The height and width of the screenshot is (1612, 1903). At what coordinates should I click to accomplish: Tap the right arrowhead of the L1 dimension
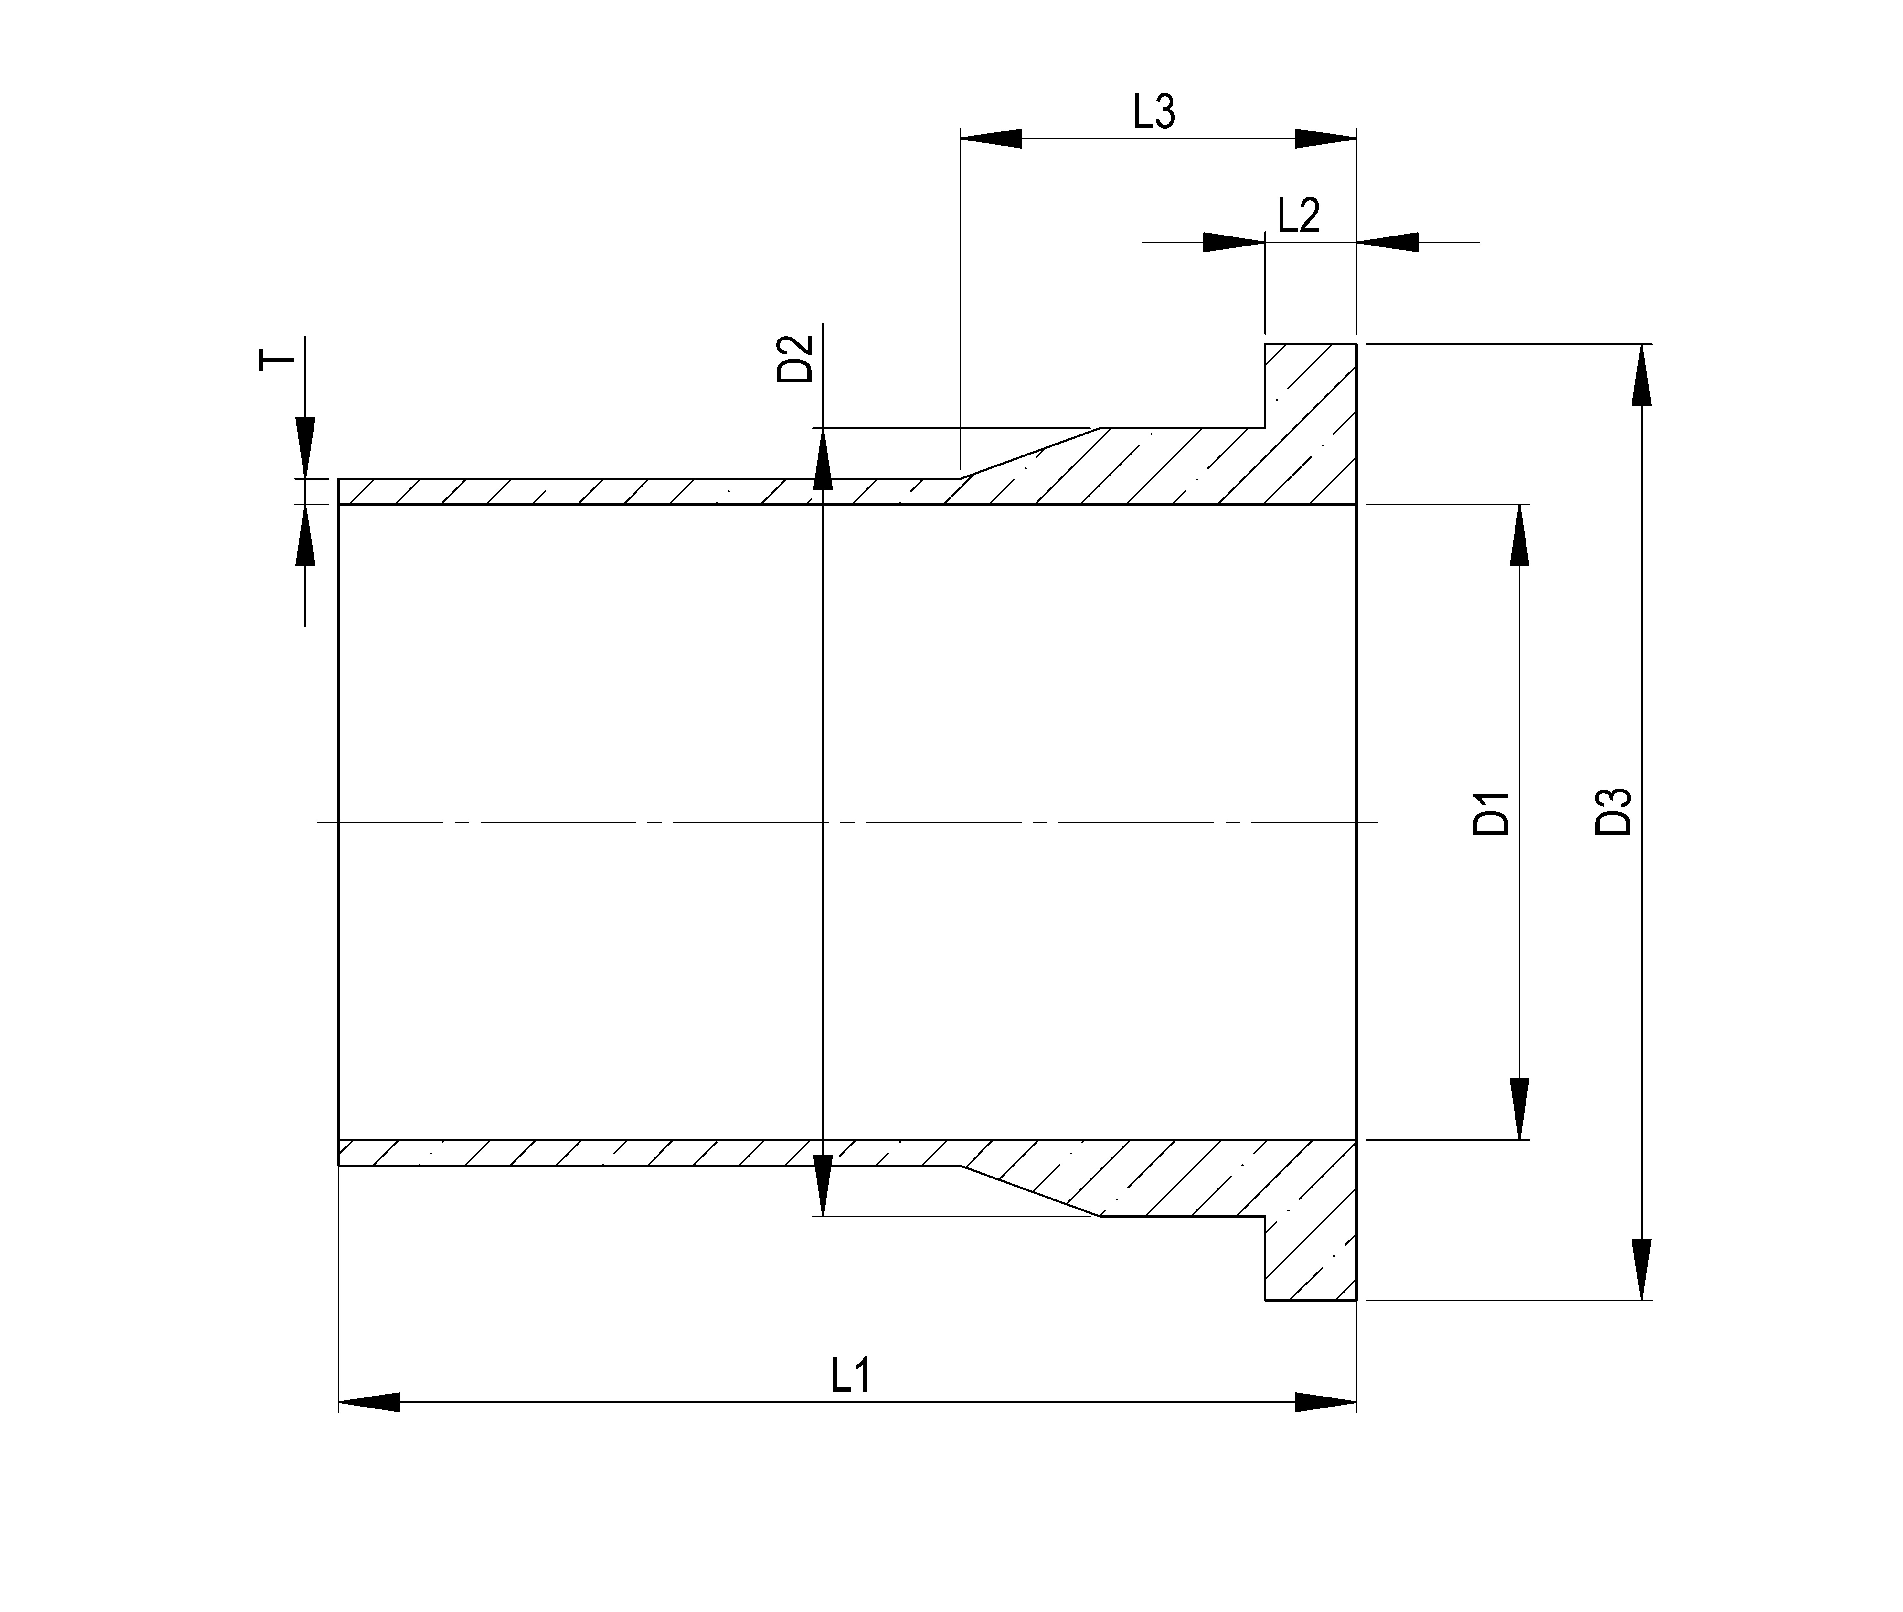coord(1325,1402)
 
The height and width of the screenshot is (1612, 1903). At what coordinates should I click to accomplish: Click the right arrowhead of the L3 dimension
coord(1325,139)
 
